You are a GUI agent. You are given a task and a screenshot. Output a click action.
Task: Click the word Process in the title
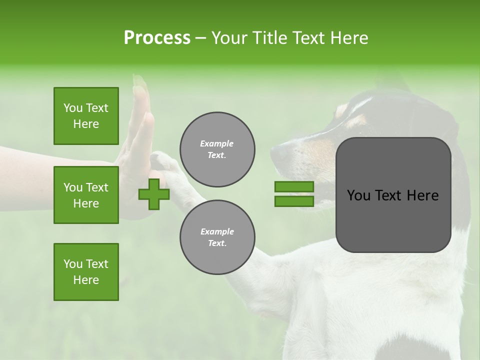tap(157, 37)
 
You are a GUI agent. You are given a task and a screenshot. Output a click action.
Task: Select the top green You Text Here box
tap(86, 116)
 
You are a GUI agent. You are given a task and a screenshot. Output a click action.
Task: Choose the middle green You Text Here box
tap(86, 195)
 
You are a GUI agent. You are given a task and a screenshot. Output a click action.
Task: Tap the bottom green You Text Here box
tap(86, 272)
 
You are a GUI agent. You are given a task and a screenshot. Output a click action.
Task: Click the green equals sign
tap(294, 194)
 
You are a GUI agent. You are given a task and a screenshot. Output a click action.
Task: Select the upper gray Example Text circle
tap(217, 149)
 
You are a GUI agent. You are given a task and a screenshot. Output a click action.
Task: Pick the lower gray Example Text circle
tap(217, 237)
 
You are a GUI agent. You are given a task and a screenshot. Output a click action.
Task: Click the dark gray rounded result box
tap(393, 195)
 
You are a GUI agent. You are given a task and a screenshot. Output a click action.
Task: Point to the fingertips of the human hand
tap(139, 82)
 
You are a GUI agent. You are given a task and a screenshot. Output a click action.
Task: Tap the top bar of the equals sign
tap(294, 187)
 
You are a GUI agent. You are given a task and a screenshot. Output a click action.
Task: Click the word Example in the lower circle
tap(217, 231)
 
